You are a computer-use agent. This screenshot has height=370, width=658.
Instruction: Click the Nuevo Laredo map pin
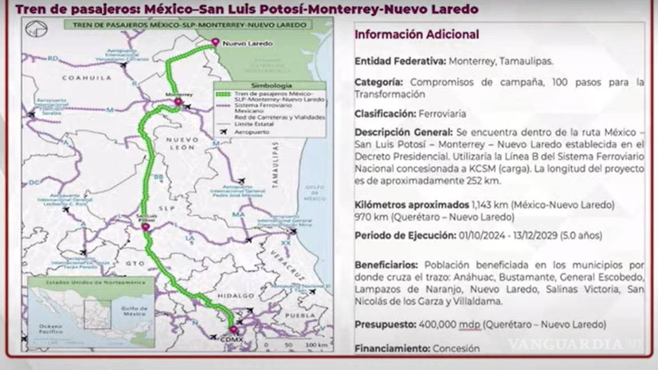pos(215,42)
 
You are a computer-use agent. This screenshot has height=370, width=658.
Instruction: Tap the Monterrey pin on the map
pos(178,102)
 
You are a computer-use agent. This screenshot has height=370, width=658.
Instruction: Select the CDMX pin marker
pos(233,330)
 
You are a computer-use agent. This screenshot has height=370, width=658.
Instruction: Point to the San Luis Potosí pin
pos(146,227)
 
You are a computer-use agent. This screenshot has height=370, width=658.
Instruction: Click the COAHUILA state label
pos(82,77)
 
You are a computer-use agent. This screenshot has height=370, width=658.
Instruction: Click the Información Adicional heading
pos(417,34)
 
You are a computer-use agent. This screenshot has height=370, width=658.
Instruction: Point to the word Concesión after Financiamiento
pos(456,348)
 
